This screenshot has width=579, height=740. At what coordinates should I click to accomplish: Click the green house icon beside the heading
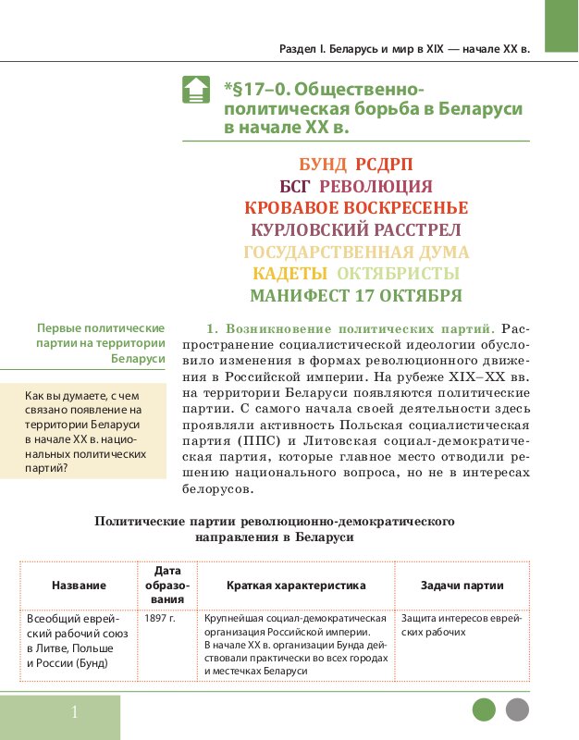coord(195,90)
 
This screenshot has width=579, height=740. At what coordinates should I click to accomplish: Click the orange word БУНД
coord(323,165)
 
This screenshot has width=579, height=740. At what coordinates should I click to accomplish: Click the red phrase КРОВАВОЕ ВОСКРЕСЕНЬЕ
coord(356,208)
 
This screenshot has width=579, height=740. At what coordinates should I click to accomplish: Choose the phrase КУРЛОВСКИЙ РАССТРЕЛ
coord(356,229)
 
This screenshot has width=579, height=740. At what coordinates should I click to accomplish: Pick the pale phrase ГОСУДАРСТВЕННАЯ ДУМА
coord(356,252)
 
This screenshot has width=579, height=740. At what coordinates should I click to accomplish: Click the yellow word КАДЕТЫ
coord(290,274)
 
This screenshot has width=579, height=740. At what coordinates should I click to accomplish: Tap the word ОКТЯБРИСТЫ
coord(398,274)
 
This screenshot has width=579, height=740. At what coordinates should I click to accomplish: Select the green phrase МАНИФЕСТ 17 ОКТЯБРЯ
coord(356,296)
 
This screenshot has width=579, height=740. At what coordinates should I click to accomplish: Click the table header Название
coord(79,586)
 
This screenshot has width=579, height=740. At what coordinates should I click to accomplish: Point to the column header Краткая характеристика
coord(296,586)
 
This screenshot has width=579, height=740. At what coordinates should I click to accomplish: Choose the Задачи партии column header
coord(462,586)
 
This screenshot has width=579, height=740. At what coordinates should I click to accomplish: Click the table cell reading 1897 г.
coord(159,618)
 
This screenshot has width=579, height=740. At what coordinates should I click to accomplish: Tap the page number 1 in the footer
coord(74,712)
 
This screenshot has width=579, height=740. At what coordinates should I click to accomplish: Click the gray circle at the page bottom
coord(517,709)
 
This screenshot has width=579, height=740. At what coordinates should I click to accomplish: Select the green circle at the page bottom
coord(484,709)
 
